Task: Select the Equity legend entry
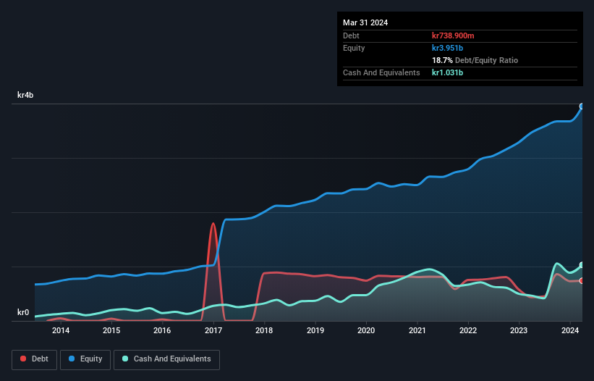[x=85, y=359]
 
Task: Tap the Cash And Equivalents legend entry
[x=166, y=359]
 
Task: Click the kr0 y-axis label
[x=23, y=313]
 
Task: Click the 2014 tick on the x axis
[x=61, y=331]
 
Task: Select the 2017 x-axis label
[x=213, y=331]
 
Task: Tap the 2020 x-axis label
[x=366, y=331]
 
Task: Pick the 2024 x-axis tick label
[x=570, y=331]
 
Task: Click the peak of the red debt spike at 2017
[x=213, y=223]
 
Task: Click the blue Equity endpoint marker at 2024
[x=582, y=106]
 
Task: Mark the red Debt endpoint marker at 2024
[x=582, y=280]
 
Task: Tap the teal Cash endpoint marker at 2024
[x=582, y=265]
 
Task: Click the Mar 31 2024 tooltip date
[x=365, y=22]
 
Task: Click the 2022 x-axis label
[x=468, y=331]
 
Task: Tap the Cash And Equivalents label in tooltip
[x=381, y=72]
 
